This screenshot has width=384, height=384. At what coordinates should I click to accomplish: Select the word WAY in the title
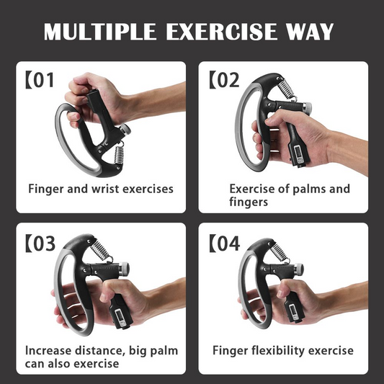point(311,32)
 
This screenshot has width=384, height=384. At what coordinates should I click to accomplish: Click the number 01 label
point(44,79)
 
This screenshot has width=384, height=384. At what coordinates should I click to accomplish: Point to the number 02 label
point(228,79)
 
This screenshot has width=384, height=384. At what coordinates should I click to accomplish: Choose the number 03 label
point(44,244)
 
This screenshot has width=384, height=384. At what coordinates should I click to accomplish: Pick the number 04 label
point(228,244)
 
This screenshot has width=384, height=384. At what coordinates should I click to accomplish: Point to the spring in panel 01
point(117,153)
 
